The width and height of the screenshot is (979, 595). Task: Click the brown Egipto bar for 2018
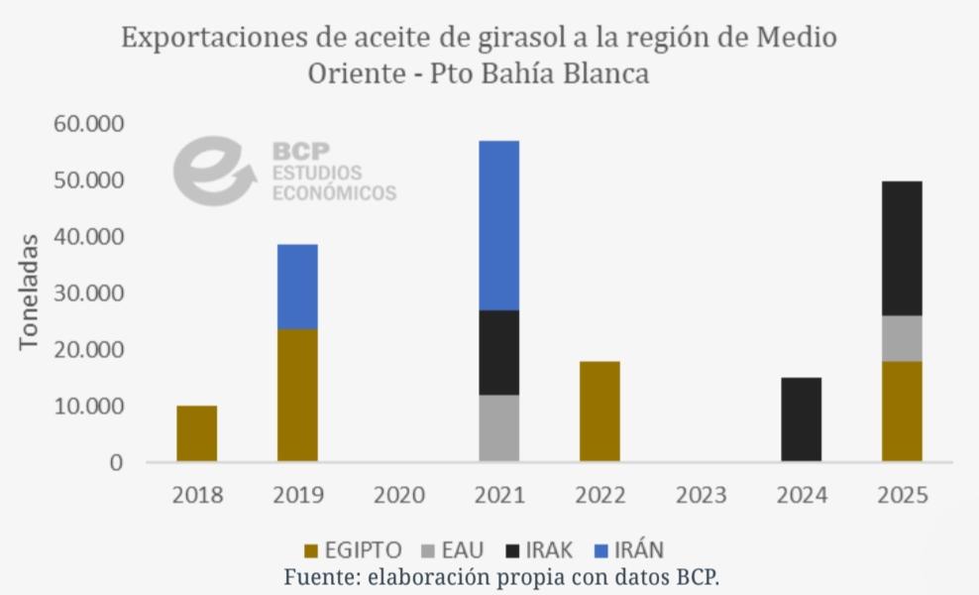coord(196,433)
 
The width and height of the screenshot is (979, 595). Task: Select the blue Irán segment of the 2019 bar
coord(297,287)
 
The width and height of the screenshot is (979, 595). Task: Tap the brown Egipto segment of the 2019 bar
coord(297,395)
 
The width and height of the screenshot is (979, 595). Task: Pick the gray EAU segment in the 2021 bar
coord(498,428)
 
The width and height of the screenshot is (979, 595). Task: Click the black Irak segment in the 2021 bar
coord(498,352)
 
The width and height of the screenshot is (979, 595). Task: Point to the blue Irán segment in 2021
coord(498,225)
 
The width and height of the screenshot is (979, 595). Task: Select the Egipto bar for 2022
coord(599,412)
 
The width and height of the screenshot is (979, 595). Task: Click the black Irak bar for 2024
coord(801,419)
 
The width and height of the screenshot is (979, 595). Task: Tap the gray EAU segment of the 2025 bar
coord(902,338)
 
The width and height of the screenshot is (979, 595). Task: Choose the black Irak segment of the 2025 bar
coord(902,248)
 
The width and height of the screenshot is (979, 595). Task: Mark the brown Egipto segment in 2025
coord(902,412)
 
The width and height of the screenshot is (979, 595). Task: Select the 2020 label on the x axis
coord(398,494)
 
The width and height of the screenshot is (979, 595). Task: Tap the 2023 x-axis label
coord(700,494)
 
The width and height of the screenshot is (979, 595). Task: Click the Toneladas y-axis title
coord(29,293)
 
